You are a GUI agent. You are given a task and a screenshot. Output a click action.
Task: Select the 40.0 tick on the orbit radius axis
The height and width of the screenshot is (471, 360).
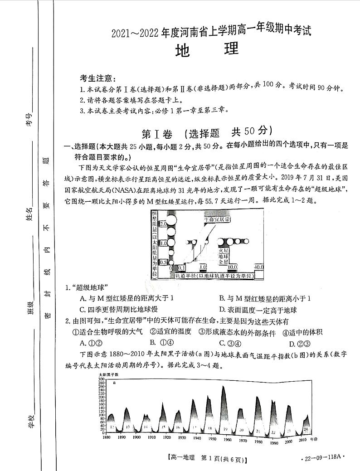(258, 267)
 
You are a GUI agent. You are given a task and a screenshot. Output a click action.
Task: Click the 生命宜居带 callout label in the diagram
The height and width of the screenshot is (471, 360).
(217, 219)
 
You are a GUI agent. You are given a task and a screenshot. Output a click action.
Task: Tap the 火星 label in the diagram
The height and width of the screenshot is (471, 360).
(224, 250)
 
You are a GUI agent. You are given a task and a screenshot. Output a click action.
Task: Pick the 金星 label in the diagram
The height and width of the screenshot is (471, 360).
(224, 262)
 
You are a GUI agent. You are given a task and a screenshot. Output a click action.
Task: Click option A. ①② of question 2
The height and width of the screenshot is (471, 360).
(90, 343)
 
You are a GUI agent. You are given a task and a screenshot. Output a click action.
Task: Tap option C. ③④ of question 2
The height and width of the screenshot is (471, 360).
(229, 343)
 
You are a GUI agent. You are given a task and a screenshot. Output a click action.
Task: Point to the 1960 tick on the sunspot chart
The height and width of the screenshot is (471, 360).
(227, 439)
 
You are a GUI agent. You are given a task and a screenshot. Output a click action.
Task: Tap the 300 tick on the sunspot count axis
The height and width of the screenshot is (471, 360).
(101, 379)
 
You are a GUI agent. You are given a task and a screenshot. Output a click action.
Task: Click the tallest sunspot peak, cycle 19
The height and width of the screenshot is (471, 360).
(224, 388)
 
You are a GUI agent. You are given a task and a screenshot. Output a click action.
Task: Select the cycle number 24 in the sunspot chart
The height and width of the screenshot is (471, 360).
(306, 428)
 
